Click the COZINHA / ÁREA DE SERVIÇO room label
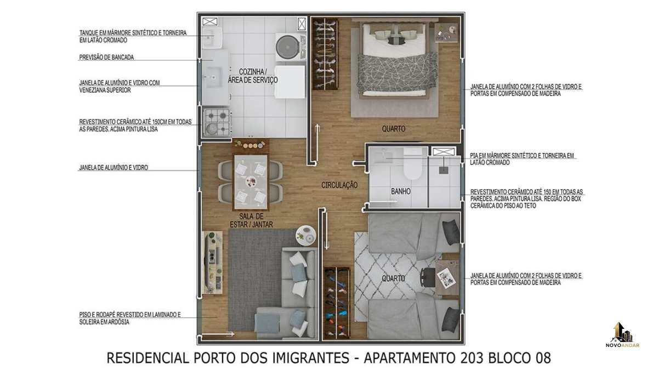[253, 76]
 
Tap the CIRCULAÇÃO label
[339, 185]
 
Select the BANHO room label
[401, 191]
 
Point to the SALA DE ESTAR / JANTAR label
[251, 220]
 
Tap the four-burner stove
[217, 122]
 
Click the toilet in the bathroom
[412, 163]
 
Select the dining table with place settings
[251, 182]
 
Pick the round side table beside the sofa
[306, 236]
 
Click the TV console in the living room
[212, 262]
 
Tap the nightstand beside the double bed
[446, 33]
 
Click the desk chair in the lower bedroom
[428, 277]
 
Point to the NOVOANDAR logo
[622, 335]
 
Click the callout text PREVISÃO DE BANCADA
[106, 57]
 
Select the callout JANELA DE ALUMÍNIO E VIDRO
[114, 167]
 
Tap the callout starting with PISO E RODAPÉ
[130, 318]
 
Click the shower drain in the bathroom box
[444, 170]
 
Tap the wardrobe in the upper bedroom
[325, 54]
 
